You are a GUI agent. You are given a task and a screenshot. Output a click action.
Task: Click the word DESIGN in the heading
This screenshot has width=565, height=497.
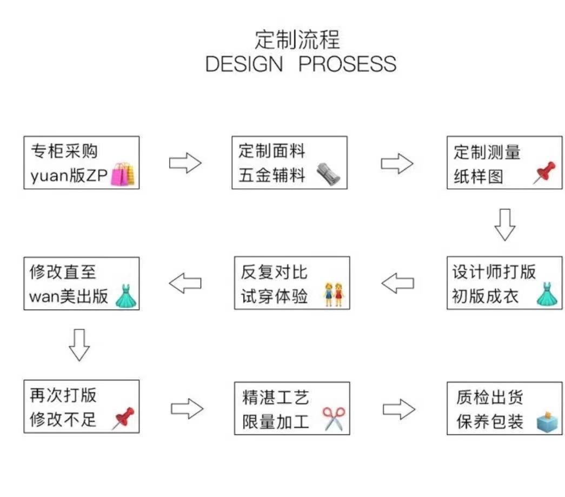tap(244, 64)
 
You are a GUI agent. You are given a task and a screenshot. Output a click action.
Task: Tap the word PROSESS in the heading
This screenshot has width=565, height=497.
tap(347, 64)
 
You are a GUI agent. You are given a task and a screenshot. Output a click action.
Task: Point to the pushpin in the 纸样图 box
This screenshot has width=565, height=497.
tap(544, 173)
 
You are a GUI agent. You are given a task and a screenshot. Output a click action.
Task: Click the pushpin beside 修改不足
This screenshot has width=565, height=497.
tap(123, 418)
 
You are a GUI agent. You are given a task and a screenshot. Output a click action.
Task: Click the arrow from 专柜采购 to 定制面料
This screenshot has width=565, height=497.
tap(185, 163)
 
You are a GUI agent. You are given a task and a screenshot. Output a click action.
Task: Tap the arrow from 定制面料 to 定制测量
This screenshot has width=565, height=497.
tap(397, 163)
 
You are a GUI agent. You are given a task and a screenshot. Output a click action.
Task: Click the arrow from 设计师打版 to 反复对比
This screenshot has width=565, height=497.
tap(398, 283)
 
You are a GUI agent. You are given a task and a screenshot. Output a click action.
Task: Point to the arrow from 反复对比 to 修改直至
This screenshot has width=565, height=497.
tap(185, 283)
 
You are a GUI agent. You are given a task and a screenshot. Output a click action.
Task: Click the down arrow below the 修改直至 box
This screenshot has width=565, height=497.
tap(79, 344)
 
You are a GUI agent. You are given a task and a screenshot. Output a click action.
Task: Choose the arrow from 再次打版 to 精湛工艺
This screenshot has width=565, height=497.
tap(187, 409)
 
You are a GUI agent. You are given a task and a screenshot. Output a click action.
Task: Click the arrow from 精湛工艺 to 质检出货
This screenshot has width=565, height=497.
tap(399, 409)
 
